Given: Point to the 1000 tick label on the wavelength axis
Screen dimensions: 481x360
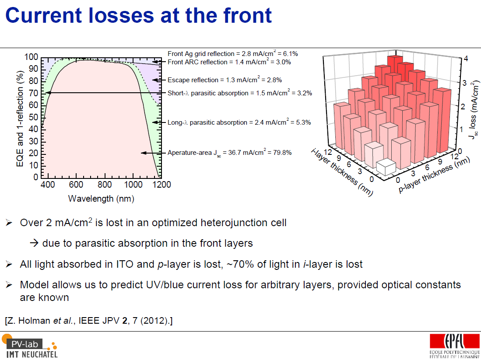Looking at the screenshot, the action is (x=133, y=185).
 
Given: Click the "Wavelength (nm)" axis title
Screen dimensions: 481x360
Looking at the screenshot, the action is (x=101, y=199).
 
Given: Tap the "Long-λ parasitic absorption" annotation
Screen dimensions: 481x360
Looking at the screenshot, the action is (x=207, y=122).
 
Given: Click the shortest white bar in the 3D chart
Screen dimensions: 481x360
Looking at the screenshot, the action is (x=386, y=167).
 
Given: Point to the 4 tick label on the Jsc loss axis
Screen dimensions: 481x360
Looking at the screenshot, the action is (x=466, y=59).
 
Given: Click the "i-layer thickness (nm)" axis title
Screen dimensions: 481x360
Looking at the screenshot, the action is (x=342, y=172).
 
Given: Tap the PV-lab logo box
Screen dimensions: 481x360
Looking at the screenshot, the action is (x=25, y=344).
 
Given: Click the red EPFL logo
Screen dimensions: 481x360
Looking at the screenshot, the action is (x=455, y=341).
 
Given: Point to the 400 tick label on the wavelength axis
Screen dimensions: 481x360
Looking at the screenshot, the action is (x=48, y=185).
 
